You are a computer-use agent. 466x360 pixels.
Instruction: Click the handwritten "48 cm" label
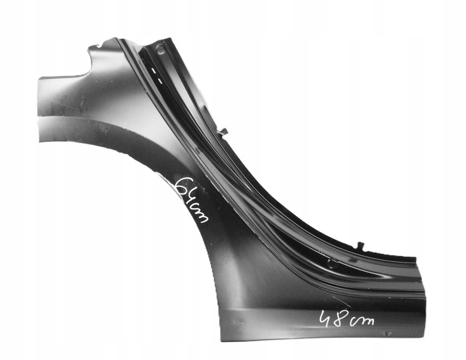point(346,320)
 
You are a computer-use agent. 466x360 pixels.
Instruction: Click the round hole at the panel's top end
point(160,48)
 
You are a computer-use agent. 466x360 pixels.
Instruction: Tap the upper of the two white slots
point(153,70)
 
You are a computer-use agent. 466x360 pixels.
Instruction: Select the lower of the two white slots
point(160,80)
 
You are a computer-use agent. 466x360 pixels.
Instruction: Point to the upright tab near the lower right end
point(360,246)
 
